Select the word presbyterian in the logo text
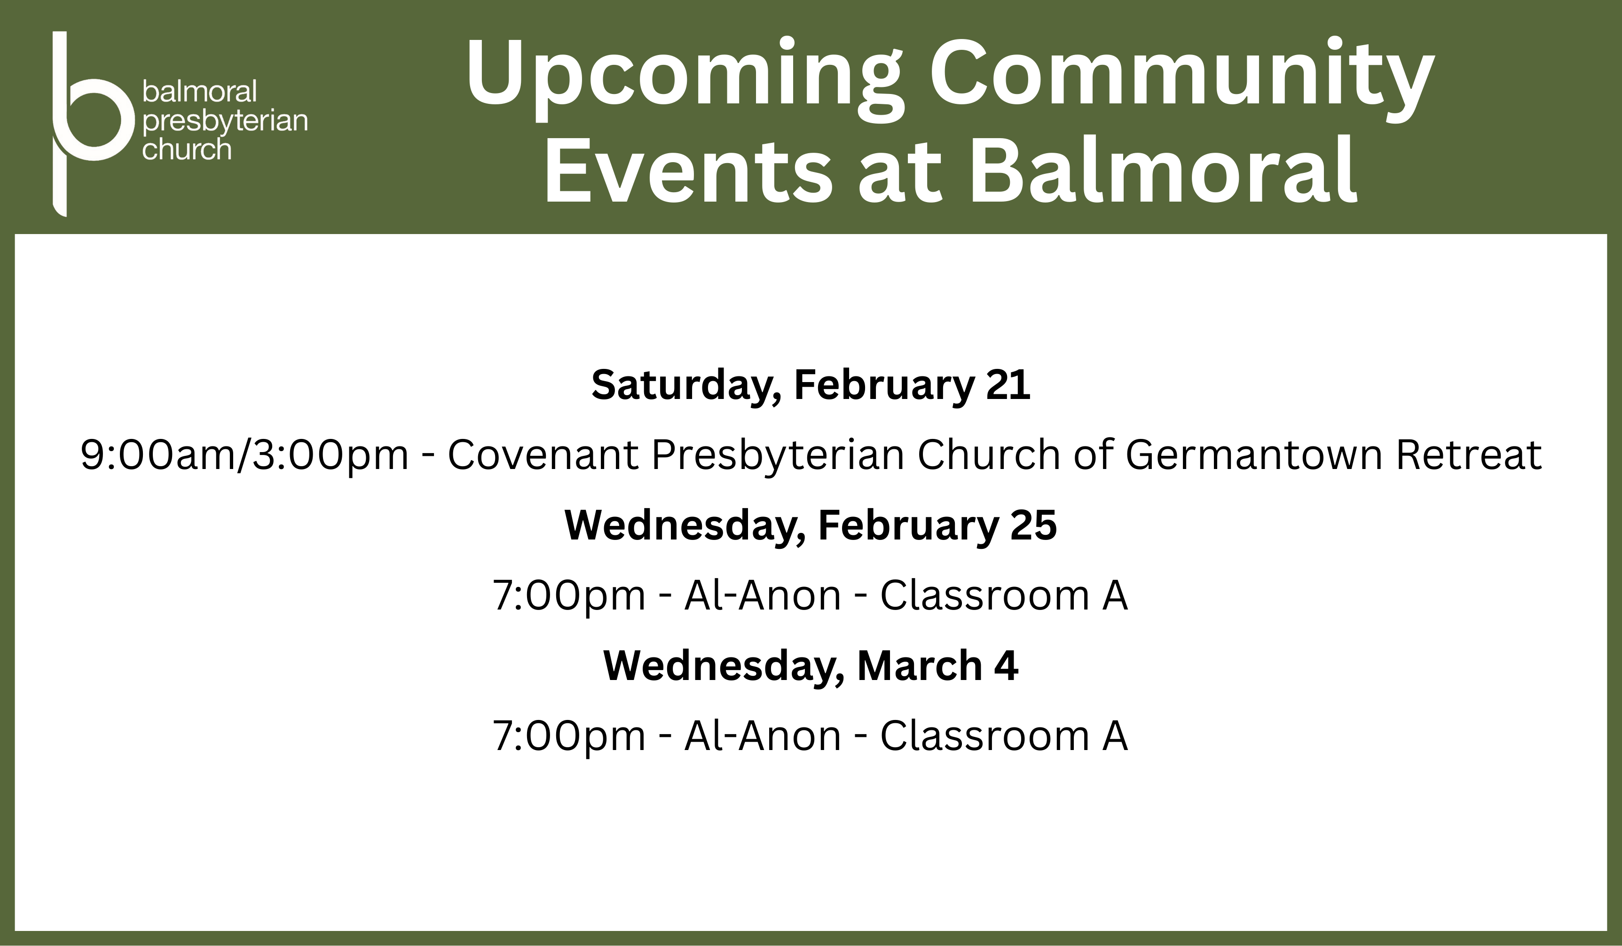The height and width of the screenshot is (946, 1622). click(225, 122)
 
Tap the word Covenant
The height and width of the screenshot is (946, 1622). click(543, 455)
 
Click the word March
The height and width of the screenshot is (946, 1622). click(919, 665)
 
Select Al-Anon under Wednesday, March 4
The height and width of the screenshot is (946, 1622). click(763, 735)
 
